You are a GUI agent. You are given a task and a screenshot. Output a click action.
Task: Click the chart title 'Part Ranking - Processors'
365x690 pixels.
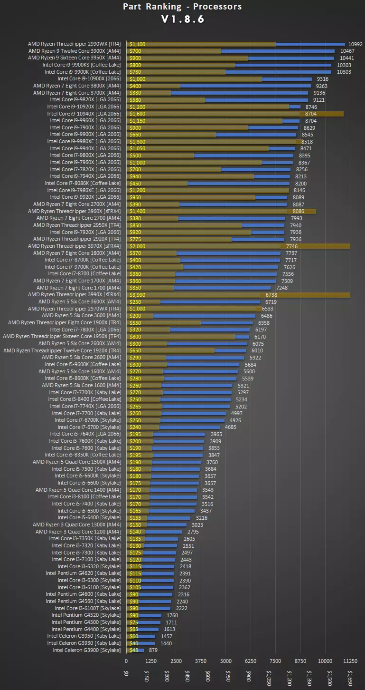[x=182, y=7]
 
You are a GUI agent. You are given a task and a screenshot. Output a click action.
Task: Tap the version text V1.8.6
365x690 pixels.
[x=182, y=19]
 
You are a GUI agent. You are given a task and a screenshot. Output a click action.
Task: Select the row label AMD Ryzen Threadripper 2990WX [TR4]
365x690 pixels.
[x=75, y=44]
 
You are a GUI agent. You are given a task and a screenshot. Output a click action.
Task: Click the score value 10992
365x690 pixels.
[x=356, y=44]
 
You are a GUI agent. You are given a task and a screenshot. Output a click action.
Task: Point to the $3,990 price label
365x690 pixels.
[x=138, y=295]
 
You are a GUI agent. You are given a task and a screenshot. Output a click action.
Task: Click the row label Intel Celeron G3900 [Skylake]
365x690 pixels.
[x=87, y=650]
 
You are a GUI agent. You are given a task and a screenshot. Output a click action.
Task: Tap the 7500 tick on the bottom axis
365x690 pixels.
[x=276, y=661]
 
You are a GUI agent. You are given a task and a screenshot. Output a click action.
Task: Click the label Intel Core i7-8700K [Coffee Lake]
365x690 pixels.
[x=83, y=260]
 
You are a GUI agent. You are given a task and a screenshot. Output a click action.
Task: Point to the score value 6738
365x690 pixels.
[x=291, y=295]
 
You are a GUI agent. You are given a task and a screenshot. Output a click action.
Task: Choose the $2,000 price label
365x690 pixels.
[x=138, y=246]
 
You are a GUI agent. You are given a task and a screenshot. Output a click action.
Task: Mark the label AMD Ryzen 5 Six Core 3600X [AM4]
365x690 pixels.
[x=80, y=302]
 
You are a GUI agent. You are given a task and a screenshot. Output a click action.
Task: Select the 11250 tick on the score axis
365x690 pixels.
[x=350, y=661]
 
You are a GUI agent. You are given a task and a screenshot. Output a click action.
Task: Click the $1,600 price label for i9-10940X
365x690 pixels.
[x=138, y=114]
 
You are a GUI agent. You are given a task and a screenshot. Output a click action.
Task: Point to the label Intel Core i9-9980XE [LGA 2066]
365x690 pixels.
[x=84, y=142]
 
